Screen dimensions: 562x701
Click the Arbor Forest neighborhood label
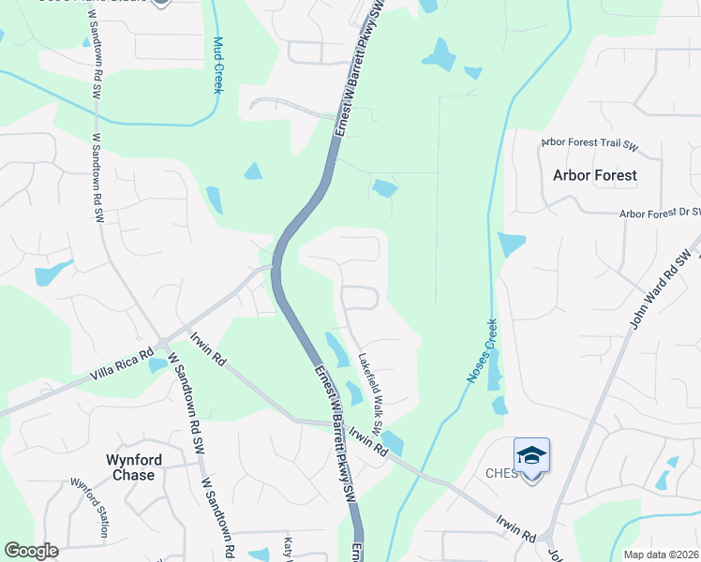[x=594, y=175]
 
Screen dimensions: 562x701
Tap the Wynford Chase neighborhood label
[x=133, y=467]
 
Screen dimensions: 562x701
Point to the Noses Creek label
[x=482, y=352]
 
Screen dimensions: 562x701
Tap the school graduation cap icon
[x=531, y=456]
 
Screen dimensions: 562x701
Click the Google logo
[x=31, y=551]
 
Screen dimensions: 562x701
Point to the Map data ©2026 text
[x=660, y=555]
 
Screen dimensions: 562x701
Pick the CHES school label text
[x=502, y=473]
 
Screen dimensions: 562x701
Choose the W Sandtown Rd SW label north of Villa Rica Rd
[x=97, y=175]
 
